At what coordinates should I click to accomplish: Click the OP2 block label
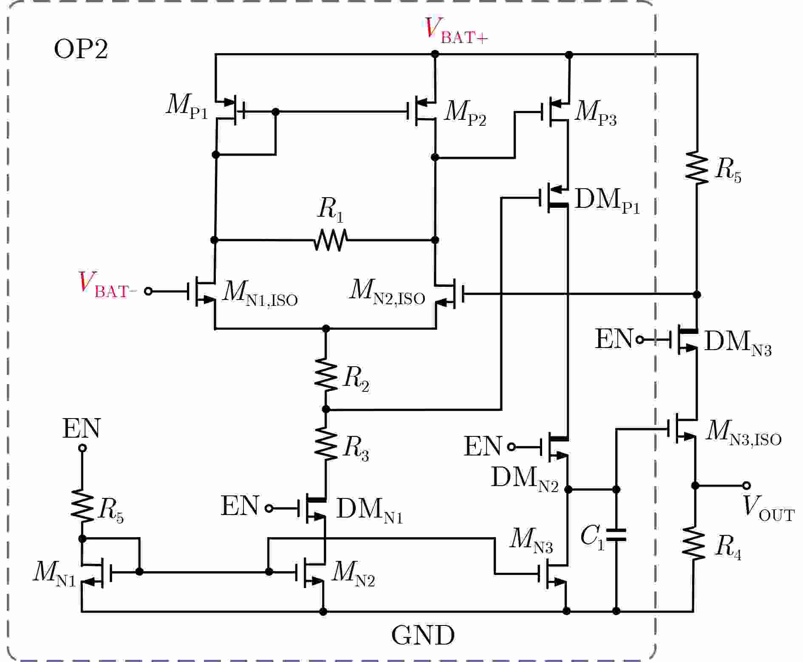pos(81,50)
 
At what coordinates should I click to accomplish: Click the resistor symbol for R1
pos(331,240)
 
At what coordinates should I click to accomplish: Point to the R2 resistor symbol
pos(326,374)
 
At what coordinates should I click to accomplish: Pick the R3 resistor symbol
pos(326,444)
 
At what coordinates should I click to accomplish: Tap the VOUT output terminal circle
pos(746,486)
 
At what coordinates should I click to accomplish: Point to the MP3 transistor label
pos(595,114)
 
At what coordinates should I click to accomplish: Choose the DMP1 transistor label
pos(607,201)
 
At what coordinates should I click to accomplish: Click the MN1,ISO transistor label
pos(260,294)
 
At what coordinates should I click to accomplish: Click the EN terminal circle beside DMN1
pos(269,508)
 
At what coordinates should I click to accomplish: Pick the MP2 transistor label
pos(465,114)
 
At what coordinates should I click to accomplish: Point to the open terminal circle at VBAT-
pos(148,291)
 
